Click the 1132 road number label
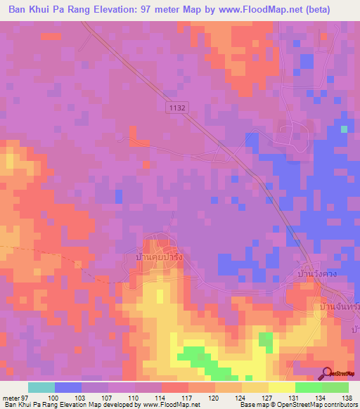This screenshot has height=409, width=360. click(x=176, y=106)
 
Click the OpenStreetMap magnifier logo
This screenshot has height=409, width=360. click(x=328, y=374)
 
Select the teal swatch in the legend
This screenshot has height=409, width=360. click(x=41, y=387)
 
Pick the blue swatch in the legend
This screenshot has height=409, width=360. click(x=68, y=387)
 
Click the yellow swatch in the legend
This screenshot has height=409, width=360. click(x=281, y=387)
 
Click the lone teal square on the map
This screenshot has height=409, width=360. click(x=344, y=129)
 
